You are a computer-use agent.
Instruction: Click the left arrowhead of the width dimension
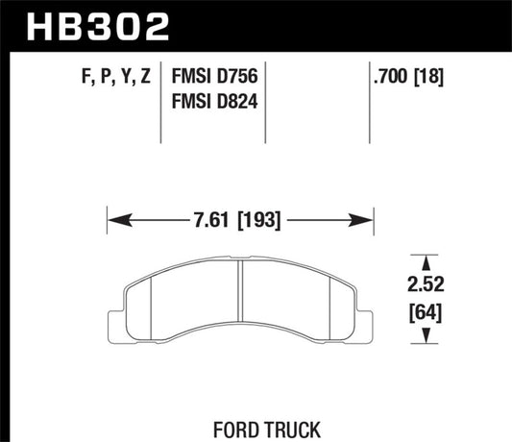click(x=113, y=220)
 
